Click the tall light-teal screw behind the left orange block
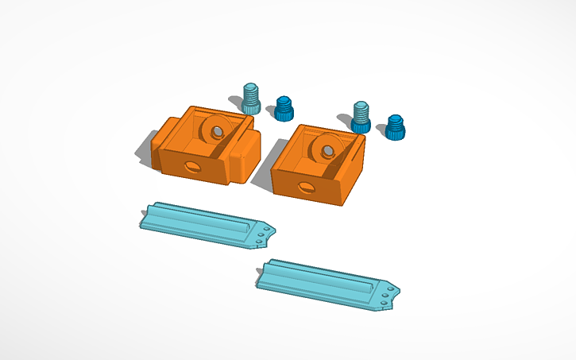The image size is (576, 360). (252, 98)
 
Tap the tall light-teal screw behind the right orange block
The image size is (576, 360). (361, 116)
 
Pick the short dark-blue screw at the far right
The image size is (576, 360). (396, 126)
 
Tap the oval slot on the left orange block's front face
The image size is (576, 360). (194, 166)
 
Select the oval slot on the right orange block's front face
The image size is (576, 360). (305, 188)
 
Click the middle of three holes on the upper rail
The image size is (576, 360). (263, 234)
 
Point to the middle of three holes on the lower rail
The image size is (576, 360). (385, 295)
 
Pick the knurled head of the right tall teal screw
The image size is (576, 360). (361, 125)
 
